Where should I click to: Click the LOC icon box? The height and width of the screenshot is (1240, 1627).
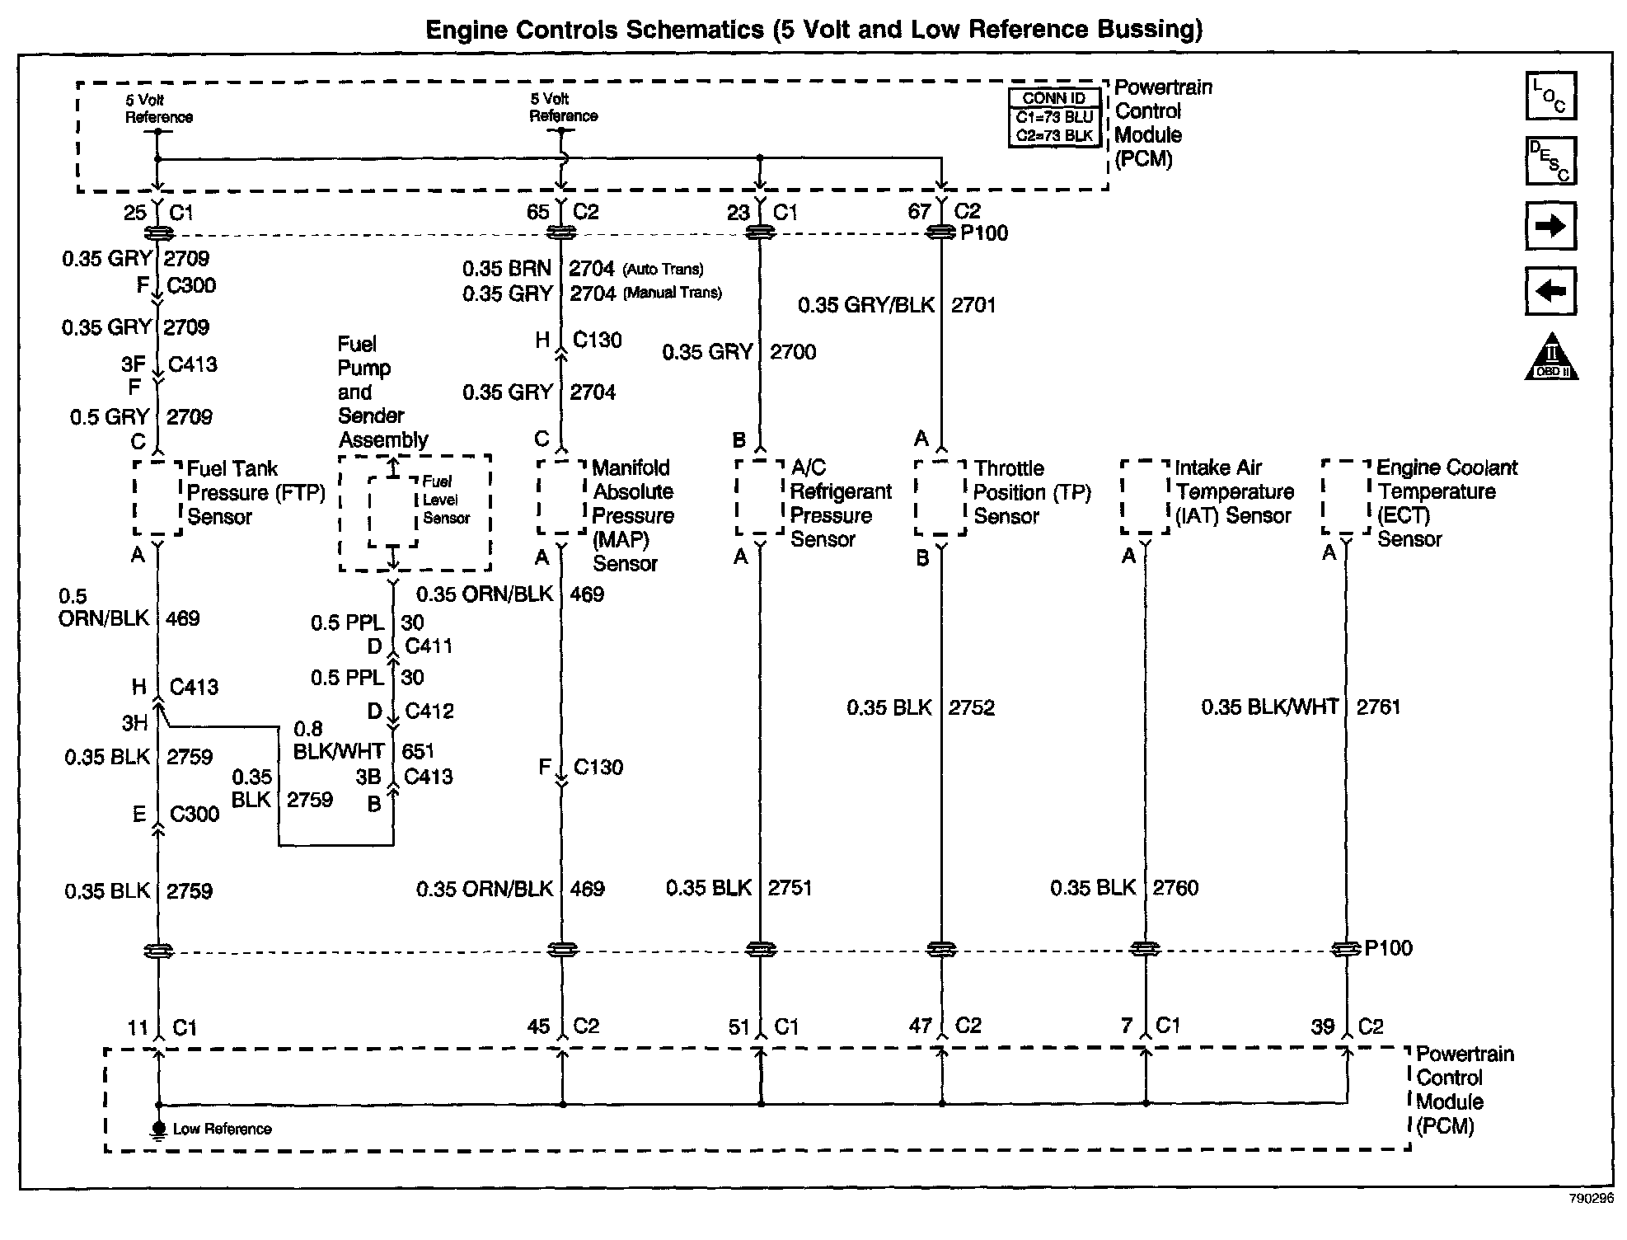pos(1550,96)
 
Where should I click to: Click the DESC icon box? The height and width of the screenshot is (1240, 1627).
pos(1550,160)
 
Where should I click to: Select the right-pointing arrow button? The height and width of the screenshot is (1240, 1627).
pos(1550,225)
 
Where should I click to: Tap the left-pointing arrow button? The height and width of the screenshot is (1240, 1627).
pos(1550,290)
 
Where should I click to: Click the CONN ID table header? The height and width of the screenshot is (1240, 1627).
pos(1054,98)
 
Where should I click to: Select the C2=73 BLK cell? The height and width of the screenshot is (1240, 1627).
pos(1054,136)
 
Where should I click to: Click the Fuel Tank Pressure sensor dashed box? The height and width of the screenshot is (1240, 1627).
pos(157,497)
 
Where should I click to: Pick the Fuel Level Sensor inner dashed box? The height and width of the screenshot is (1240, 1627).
pos(394,511)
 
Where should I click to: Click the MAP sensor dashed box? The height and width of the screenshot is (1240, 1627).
pos(562,497)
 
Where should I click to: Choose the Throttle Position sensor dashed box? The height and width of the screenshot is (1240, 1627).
pos(940,497)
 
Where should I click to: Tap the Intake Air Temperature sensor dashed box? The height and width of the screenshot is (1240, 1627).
pos(1145,496)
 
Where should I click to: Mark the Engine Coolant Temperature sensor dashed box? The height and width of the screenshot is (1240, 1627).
pos(1347,496)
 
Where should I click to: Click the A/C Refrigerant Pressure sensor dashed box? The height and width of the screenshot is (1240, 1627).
pos(759,496)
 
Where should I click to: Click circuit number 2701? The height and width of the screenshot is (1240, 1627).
pos(973,305)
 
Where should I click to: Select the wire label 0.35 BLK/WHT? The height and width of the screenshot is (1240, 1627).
pos(1269,707)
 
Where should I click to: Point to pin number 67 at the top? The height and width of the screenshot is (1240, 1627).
pos(919,212)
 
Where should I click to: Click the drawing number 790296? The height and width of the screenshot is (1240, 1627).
pos(1591,1199)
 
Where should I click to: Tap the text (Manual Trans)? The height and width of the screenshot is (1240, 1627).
pos(672,293)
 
